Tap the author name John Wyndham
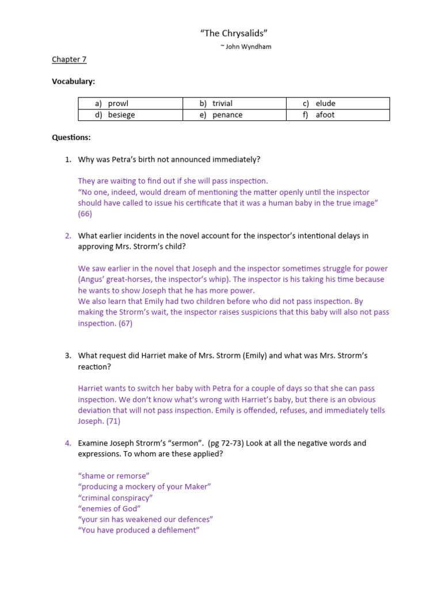click(245, 47)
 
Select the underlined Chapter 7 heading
click(69, 59)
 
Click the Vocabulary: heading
click(74, 81)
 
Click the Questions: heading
click(71, 137)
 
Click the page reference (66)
click(85, 214)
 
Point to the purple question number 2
click(68, 236)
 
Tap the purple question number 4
click(68, 443)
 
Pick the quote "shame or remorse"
click(113, 476)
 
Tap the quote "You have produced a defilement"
click(138, 531)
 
